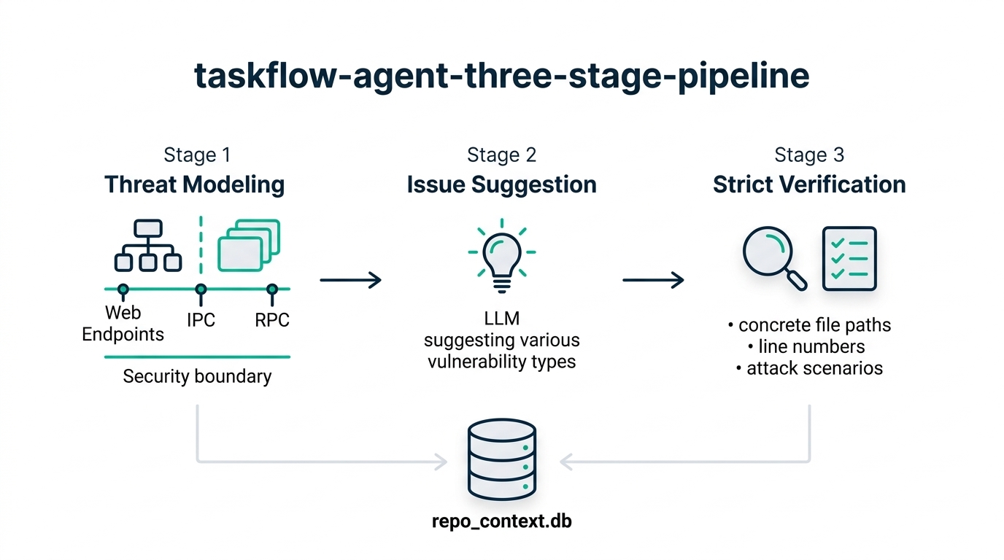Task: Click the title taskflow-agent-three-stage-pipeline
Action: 501,77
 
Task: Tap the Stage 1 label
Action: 197,155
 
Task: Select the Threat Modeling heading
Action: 194,184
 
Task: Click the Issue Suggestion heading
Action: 501,184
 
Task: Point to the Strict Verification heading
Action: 809,184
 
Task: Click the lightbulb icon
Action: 502,255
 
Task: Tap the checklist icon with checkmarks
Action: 849,258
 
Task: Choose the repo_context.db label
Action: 502,521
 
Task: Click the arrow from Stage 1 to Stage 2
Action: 350,280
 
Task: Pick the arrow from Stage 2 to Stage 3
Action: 653,280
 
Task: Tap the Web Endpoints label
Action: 123,323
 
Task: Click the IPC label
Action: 201,320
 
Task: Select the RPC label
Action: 272,320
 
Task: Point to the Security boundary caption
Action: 197,376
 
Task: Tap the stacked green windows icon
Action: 249,245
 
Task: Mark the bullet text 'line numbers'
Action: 811,346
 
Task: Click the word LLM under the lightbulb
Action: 501,319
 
